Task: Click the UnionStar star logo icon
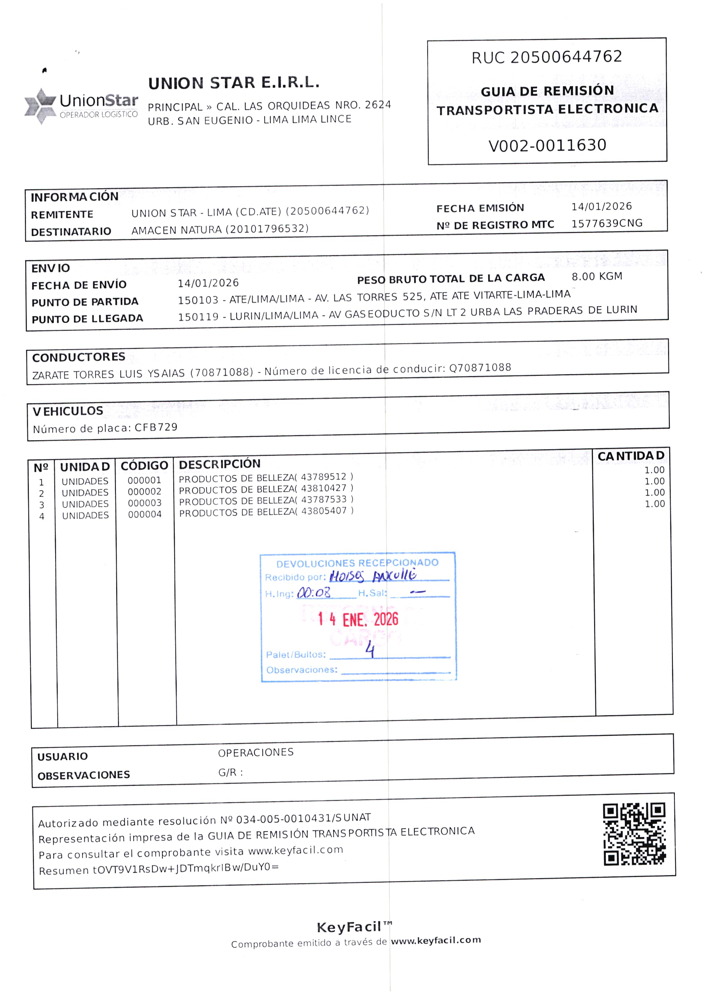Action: [41, 106]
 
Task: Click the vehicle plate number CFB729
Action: [156, 427]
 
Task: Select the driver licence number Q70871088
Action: [480, 368]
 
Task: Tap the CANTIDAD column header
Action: [631, 456]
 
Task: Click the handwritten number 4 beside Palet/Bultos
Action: [370, 650]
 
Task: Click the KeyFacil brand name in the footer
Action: [349, 926]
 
